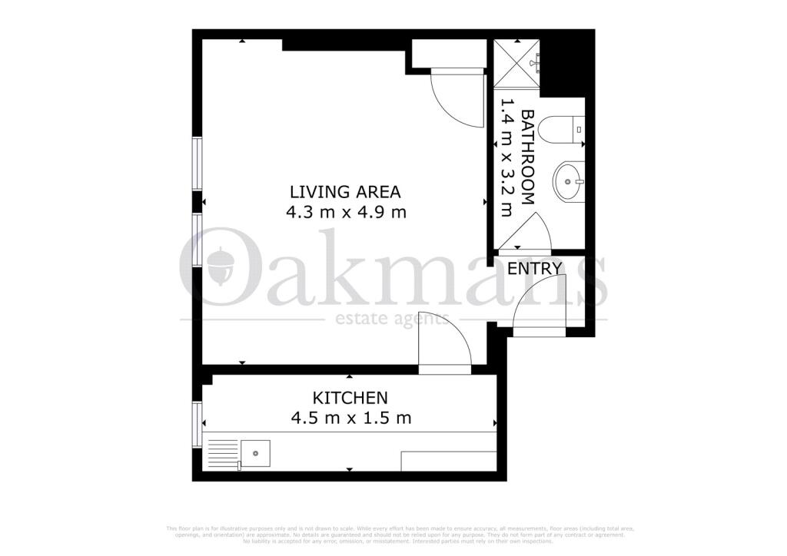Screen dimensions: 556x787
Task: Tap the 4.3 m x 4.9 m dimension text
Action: (x=346, y=212)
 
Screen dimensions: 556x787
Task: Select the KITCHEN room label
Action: (x=350, y=398)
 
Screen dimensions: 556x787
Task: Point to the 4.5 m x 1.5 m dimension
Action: (x=350, y=419)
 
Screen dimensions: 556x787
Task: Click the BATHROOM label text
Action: (x=528, y=157)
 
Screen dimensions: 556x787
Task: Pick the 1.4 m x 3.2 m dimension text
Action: (x=507, y=157)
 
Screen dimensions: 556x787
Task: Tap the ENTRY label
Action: (x=535, y=269)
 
